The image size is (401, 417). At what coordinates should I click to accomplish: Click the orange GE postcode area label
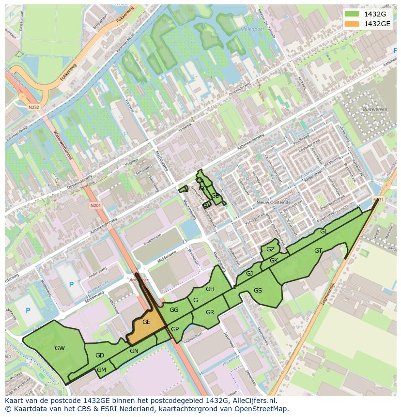[x=146, y=322]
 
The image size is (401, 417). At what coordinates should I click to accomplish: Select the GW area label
[x=60, y=348]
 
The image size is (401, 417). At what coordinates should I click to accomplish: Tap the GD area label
[x=100, y=355]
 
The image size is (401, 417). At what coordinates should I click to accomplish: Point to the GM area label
[x=101, y=370]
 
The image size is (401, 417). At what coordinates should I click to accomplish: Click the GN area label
[x=134, y=351]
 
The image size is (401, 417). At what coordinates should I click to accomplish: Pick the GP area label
[x=175, y=329]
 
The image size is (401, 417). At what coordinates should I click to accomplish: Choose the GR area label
[x=210, y=312]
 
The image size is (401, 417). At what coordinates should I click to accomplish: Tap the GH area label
[x=210, y=289]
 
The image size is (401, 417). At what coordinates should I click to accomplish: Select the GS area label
[x=258, y=291]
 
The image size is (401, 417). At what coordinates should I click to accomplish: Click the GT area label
[x=318, y=251]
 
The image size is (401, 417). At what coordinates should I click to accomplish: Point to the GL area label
[x=324, y=232]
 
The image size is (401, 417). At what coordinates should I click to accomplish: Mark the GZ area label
[x=270, y=249]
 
